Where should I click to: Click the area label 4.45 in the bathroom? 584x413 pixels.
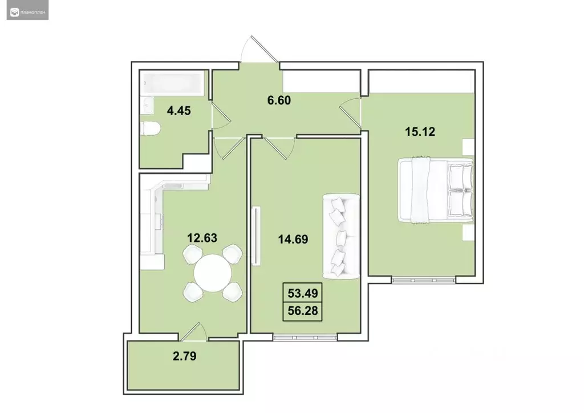[x=179, y=110]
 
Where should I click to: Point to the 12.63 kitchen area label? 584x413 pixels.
[x=202, y=237]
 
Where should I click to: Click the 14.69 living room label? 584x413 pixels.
[x=293, y=240]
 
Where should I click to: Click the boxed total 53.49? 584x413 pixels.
[x=303, y=294]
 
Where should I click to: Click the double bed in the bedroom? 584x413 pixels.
[x=436, y=189]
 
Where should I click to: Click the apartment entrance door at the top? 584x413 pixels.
[x=259, y=51]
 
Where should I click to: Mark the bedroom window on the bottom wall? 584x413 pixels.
[x=423, y=280]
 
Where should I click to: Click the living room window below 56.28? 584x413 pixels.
[x=297, y=337]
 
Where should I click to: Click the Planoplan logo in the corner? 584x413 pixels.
[x=27, y=10]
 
